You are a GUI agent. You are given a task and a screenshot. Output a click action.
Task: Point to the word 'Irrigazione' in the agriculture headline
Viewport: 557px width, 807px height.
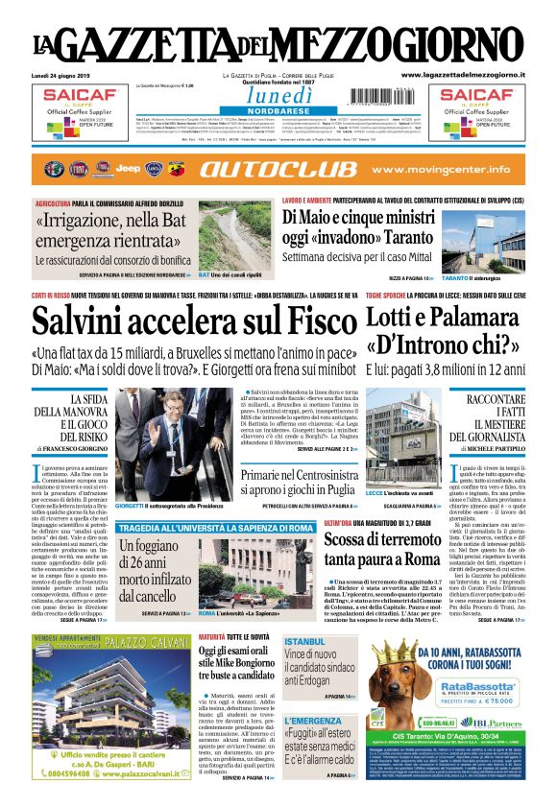[88, 223]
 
